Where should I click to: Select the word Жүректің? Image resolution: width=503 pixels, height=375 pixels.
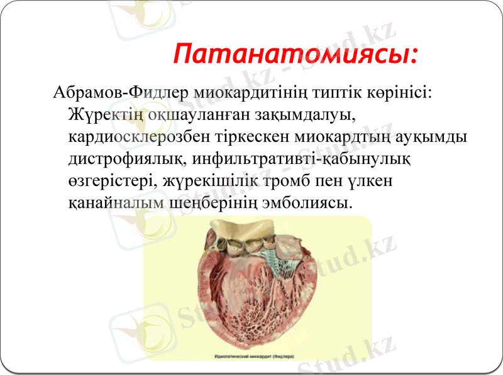105,115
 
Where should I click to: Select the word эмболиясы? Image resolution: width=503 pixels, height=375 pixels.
302,203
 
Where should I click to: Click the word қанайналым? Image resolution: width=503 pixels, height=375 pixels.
116,203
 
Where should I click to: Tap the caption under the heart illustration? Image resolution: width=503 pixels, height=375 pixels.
257,356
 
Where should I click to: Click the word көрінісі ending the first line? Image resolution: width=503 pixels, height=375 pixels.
399,92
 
